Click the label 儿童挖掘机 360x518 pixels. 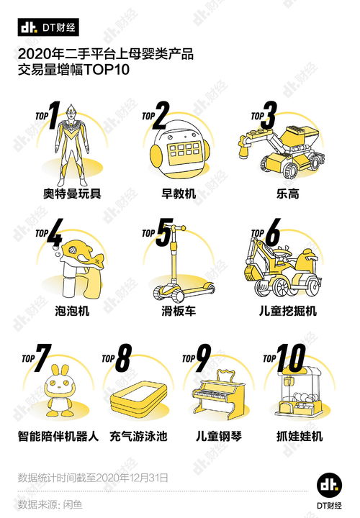tap(282, 312)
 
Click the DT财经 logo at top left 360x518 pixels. tap(48, 27)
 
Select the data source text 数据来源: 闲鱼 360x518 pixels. tap(50, 504)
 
